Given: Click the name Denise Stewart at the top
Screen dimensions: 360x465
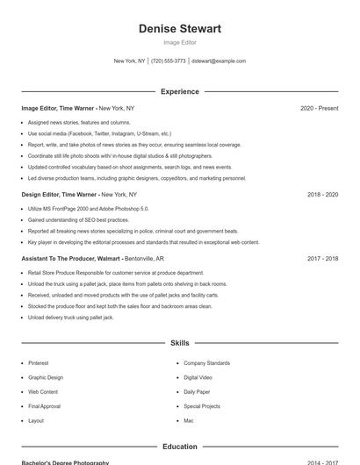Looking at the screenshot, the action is point(179,29).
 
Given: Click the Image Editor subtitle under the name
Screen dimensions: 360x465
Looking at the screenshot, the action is point(179,42).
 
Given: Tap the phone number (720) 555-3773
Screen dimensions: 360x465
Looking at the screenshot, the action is point(169,61).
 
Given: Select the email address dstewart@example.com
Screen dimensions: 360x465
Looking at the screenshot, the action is point(219,61).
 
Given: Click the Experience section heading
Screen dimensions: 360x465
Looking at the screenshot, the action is point(179,91).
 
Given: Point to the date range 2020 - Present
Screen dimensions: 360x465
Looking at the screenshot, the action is point(319,108).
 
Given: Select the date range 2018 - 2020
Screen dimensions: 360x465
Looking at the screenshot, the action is point(322,194).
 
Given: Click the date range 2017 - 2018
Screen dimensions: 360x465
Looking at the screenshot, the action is point(322,259).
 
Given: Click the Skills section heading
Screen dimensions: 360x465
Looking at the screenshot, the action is point(179,343).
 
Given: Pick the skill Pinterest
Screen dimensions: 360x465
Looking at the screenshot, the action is point(39,363).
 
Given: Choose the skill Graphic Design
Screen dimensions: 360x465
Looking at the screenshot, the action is point(45,377).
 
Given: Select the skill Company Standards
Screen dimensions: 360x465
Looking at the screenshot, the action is point(206,363).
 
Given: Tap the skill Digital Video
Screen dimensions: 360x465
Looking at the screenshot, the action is point(198,377).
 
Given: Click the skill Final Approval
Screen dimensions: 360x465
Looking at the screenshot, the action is point(44,406).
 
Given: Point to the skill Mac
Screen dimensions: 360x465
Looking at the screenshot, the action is point(188,420).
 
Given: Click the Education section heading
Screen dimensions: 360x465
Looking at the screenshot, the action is point(179,447).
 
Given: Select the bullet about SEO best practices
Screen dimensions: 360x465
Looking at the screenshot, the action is point(78,220).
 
